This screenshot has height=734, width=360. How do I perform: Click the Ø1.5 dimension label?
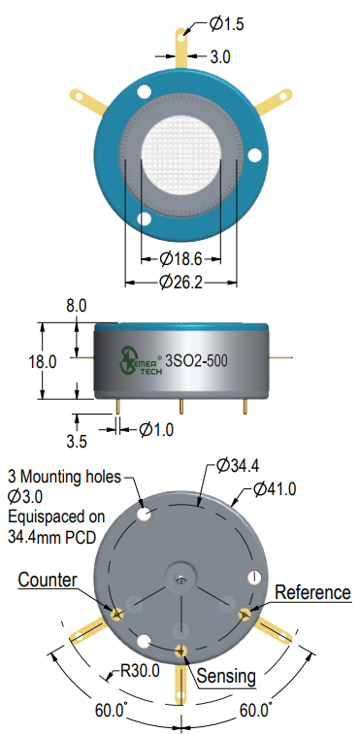(x=227, y=23)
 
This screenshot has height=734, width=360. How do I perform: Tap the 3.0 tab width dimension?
(x=219, y=57)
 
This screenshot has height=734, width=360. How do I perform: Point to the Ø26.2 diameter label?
(x=180, y=283)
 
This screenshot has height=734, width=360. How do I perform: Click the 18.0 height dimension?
(x=43, y=362)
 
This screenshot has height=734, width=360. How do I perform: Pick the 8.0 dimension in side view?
(x=77, y=306)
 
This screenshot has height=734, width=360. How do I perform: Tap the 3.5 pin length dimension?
(x=77, y=442)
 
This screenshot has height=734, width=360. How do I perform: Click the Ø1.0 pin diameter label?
(x=156, y=429)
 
